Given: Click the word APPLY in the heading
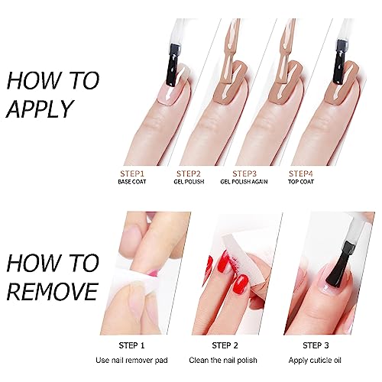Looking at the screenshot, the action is pos(40,108).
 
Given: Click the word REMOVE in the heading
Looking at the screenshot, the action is pos(53,291).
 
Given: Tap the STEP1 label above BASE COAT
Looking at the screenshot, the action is pos(132,173).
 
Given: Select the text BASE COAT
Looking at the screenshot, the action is pos(132,182).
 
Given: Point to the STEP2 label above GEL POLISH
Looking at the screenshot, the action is pos(189,173).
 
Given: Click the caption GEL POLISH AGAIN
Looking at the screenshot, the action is pos(244,182).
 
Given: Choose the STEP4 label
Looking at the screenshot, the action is pos(300,173).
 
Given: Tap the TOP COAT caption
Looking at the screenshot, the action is pos(301,182).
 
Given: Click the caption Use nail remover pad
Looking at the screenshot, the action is pos(131,361).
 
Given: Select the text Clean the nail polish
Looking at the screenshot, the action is pos(223,361).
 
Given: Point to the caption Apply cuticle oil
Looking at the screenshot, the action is pos(315,361).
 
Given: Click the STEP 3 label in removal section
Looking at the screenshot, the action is pos(316,345).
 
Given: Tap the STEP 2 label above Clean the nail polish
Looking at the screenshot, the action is pos(225,345).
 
